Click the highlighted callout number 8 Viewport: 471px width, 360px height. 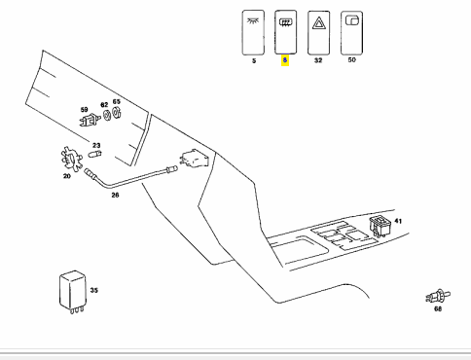[285, 60]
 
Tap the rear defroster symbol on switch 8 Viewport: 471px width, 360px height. [285, 22]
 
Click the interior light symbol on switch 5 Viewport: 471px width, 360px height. [253, 21]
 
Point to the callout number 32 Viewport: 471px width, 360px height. [318, 60]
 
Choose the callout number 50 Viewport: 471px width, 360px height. [351, 60]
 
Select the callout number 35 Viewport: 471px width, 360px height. [93, 290]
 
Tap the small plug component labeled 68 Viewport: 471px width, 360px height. [438, 296]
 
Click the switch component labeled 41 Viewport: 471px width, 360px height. [380, 226]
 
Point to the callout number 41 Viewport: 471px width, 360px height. [398, 221]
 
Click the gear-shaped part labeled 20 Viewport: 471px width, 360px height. [71, 159]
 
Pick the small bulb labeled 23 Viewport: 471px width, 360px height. [95, 154]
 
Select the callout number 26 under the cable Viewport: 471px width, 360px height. [115, 195]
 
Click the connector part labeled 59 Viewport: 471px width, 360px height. [90, 121]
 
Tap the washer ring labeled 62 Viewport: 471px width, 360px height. [107, 115]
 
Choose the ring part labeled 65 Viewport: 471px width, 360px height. [117, 113]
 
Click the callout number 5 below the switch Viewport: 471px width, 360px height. [254, 60]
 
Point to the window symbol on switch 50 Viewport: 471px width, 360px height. [352, 20]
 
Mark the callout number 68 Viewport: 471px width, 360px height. [438, 308]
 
